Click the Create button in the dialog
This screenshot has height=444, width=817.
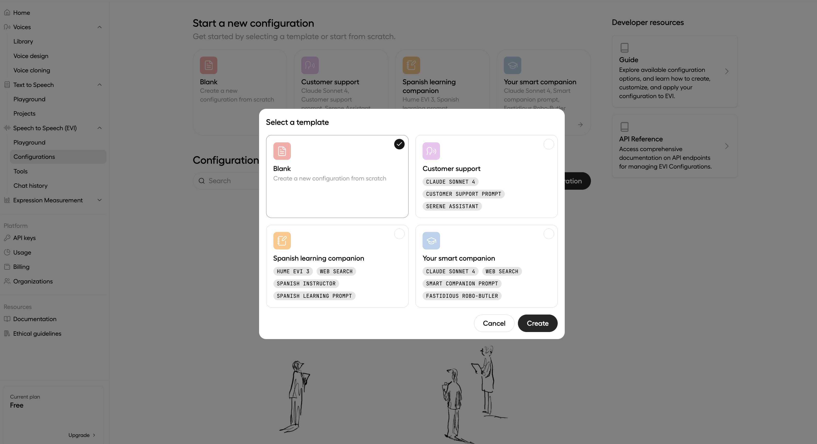pos(537,323)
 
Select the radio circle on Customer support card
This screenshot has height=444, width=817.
pos(548,144)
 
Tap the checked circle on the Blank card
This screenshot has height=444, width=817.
pos(399,144)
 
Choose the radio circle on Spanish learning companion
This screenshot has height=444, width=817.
pos(399,234)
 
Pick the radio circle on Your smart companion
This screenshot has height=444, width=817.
pos(548,234)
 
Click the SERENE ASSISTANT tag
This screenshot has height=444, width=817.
pos(452,206)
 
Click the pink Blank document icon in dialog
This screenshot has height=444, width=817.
pos(282,151)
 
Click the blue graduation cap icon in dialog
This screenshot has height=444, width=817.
pos(431,240)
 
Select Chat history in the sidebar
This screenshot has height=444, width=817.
pos(31,186)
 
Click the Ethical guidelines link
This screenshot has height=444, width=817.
pos(37,333)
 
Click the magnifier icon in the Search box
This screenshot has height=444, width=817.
pos(201,181)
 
